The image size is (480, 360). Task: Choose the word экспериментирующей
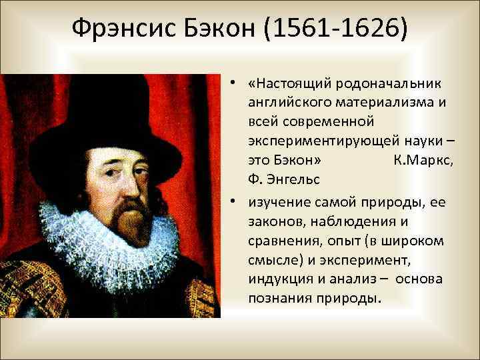point(324,141)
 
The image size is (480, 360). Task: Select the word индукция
point(278,278)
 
